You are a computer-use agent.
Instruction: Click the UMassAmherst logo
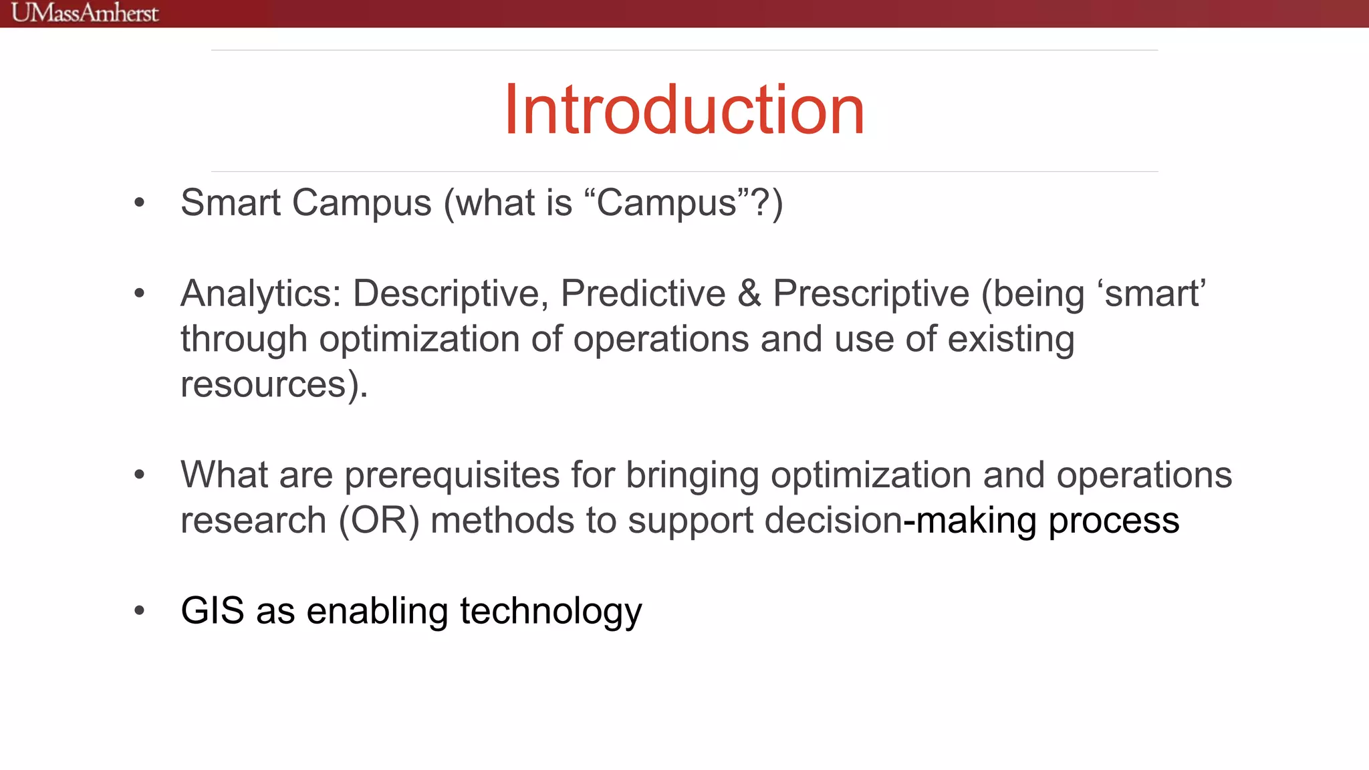pos(85,13)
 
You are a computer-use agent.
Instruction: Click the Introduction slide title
pos(684,110)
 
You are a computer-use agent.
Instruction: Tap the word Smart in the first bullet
pos(231,203)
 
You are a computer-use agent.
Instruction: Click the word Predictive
pos(643,294)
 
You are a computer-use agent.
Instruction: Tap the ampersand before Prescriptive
pos(749,294)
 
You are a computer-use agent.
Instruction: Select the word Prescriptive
pos(870,294)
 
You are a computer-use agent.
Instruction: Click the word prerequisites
pos(452,476)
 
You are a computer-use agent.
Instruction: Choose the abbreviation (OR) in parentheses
pos(379,521)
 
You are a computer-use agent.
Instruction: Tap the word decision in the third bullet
pos(833,521)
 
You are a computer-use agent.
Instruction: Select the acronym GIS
pos(213,611)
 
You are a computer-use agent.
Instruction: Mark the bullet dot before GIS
pos(139,610)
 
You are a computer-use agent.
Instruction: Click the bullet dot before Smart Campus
pos(139,203)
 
